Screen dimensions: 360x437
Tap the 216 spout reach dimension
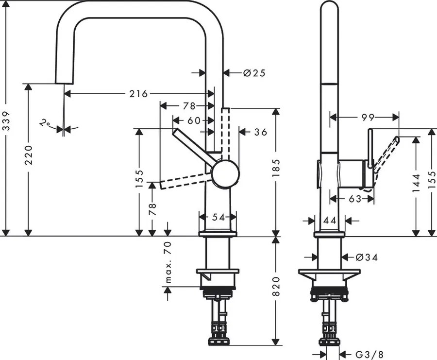pyautogui.click(x=138, y=94)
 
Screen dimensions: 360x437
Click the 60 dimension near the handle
pyautogui.click(x=194, y=120)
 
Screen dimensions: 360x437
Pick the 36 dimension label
pyautogui.click(x=261, y=132)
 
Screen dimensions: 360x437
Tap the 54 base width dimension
pyautogui.click(x=218, y=217)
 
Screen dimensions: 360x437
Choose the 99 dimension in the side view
pyautogui.click(x=368, y=117)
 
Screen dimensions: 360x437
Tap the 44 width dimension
pyautogui.click(x=330, y=221)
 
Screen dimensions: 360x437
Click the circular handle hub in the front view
pyautogui.click(x=225, y=174)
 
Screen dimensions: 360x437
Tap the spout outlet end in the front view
pyautogui.click(x=64, y=81)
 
